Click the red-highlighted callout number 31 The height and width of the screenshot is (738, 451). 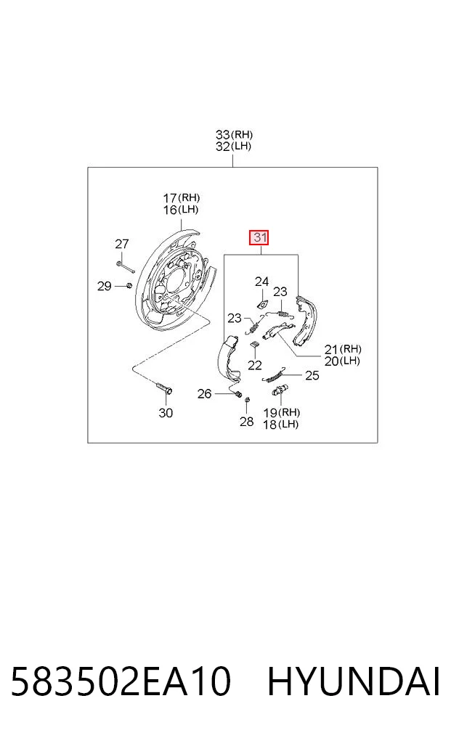(259, 238)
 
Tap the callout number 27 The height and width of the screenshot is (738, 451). (121, 244)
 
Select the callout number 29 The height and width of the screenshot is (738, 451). (104, 286)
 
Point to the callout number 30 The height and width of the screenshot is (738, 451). (166, 413)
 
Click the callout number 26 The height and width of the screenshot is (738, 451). (204, 393)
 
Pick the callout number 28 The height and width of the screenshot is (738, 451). (246, 421)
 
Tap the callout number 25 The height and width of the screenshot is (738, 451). (312, 375)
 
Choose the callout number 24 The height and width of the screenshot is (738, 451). (261, 282)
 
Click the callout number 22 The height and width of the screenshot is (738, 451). (254, 365)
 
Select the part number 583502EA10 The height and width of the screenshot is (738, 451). (121, 681)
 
